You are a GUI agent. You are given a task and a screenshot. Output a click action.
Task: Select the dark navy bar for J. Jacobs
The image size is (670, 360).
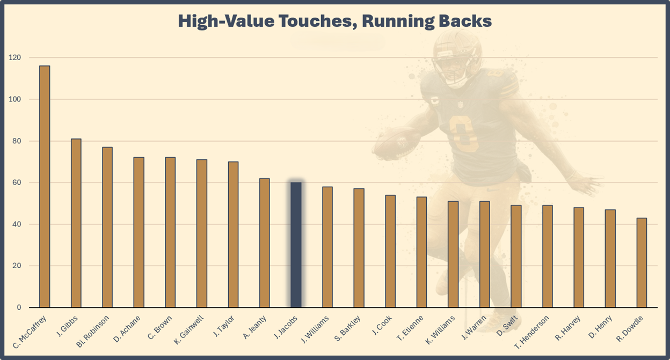click(296, 245)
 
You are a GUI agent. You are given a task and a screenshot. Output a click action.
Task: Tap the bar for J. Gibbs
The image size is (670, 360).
click(76, 223)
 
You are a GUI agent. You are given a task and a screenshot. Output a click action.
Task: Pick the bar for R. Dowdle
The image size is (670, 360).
click(642, 263)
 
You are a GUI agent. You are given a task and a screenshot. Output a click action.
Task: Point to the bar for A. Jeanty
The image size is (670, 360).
click(265, 243)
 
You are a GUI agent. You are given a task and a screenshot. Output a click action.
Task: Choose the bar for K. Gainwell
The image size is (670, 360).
click(202, 233)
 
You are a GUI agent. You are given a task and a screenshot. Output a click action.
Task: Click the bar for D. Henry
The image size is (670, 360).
click(610, 259)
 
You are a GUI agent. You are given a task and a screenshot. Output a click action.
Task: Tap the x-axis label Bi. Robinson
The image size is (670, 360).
click(93, 333)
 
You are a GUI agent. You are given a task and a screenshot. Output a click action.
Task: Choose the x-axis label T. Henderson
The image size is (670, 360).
click(531, 333)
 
